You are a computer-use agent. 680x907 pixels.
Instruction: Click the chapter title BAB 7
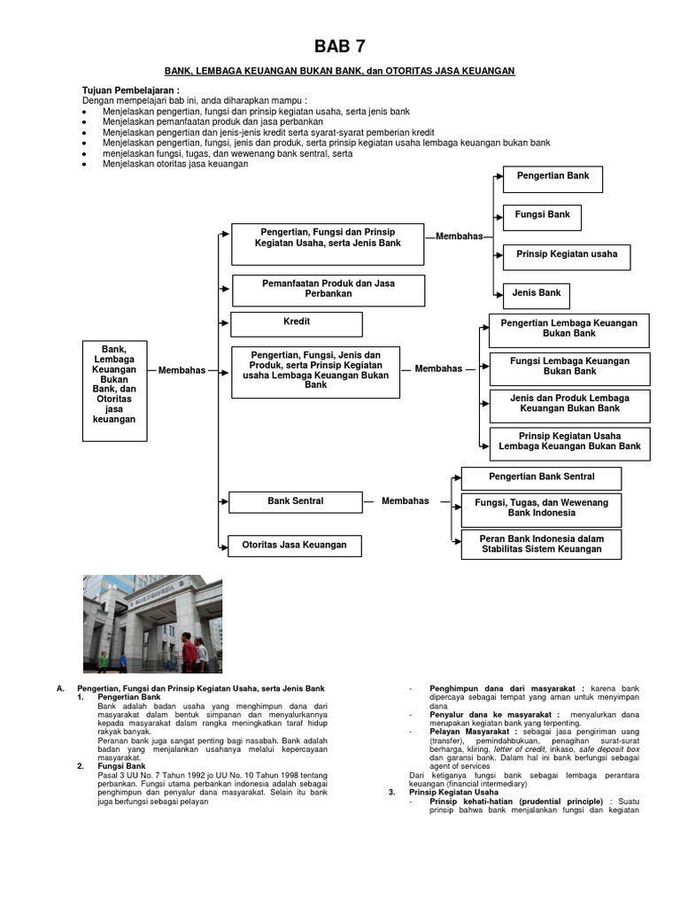pos(339,47)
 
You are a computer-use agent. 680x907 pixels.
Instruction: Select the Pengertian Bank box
pos(552,177)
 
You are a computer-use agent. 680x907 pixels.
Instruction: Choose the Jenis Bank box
pos(537,293)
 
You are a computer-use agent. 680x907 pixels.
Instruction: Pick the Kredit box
pos(297,323)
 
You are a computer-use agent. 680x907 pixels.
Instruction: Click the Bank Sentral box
pos(295,501)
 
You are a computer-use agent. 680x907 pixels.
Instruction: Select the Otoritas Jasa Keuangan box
pos(295,545)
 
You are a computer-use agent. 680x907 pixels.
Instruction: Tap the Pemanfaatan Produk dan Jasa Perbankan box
pos(328,289)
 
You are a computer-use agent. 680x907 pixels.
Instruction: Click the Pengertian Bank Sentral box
pos(541,477)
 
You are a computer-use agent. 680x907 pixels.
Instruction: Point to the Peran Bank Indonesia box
pos(541,544)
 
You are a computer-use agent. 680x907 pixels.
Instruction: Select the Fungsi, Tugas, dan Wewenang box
pos(541,508)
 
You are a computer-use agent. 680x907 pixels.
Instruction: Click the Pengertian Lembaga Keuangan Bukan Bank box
pos(568,329)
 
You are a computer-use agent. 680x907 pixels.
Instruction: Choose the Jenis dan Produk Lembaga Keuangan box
pos(569,404)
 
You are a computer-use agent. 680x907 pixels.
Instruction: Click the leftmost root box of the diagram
pos(114,390)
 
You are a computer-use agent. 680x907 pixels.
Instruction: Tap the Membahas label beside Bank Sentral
pos(405,501)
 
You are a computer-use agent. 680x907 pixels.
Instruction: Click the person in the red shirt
pos(189,654)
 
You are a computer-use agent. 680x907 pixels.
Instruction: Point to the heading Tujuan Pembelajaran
pos(130,91)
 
